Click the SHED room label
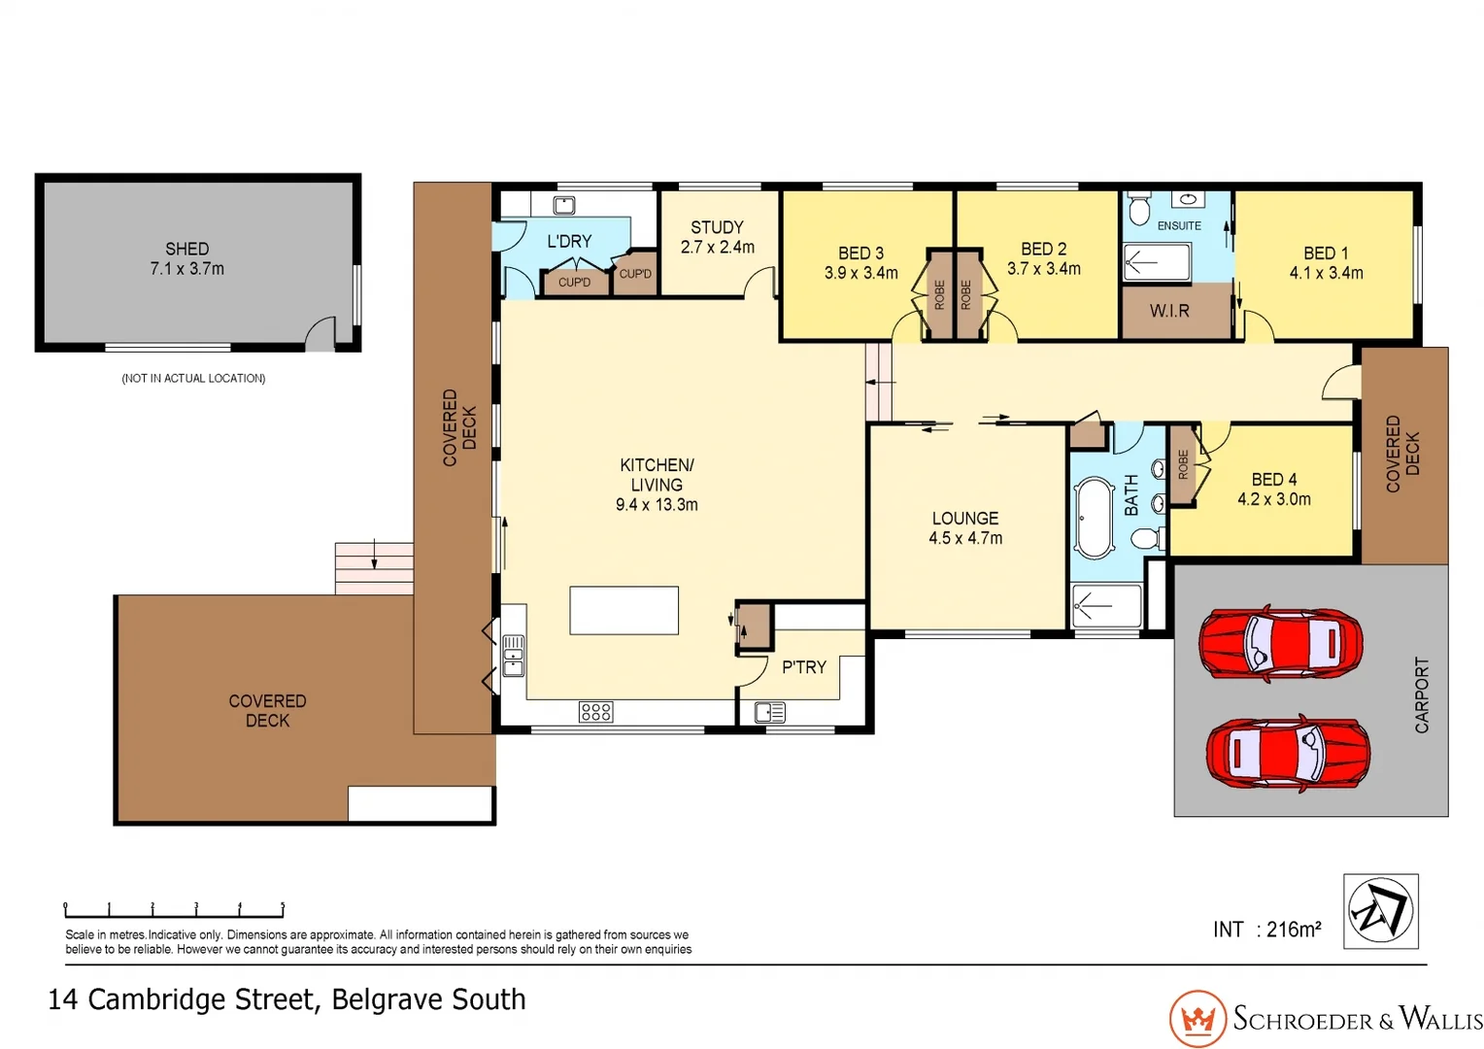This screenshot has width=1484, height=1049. pos(186,250)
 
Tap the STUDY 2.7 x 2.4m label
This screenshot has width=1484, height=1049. pos(717,237)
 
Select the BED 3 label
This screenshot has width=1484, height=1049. pos(860,254)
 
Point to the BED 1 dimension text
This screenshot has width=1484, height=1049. pos(1326,274)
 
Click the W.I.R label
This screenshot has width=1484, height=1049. pos(1168,311)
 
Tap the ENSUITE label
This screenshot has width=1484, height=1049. pos(1179,225)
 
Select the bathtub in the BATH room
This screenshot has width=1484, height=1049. pos(1095,518)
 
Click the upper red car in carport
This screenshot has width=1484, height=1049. pos(1280,644)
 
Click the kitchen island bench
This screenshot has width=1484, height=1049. pos(624,610)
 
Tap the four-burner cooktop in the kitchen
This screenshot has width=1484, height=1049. pos(595,712)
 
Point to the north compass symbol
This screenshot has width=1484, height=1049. pos(1380,911)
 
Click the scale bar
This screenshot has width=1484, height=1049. pos(174,910)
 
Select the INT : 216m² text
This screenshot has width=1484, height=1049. pos(1266,930)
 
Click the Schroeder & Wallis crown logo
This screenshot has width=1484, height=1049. pos(1197,1019)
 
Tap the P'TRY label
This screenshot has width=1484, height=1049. pos(803,667)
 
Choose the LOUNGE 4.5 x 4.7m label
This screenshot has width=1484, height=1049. pos(964,528)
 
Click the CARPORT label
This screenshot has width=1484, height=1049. pos(1422,694)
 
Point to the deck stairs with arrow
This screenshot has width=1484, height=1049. pos(374,568)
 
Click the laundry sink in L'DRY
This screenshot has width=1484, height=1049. pos(564,205)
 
